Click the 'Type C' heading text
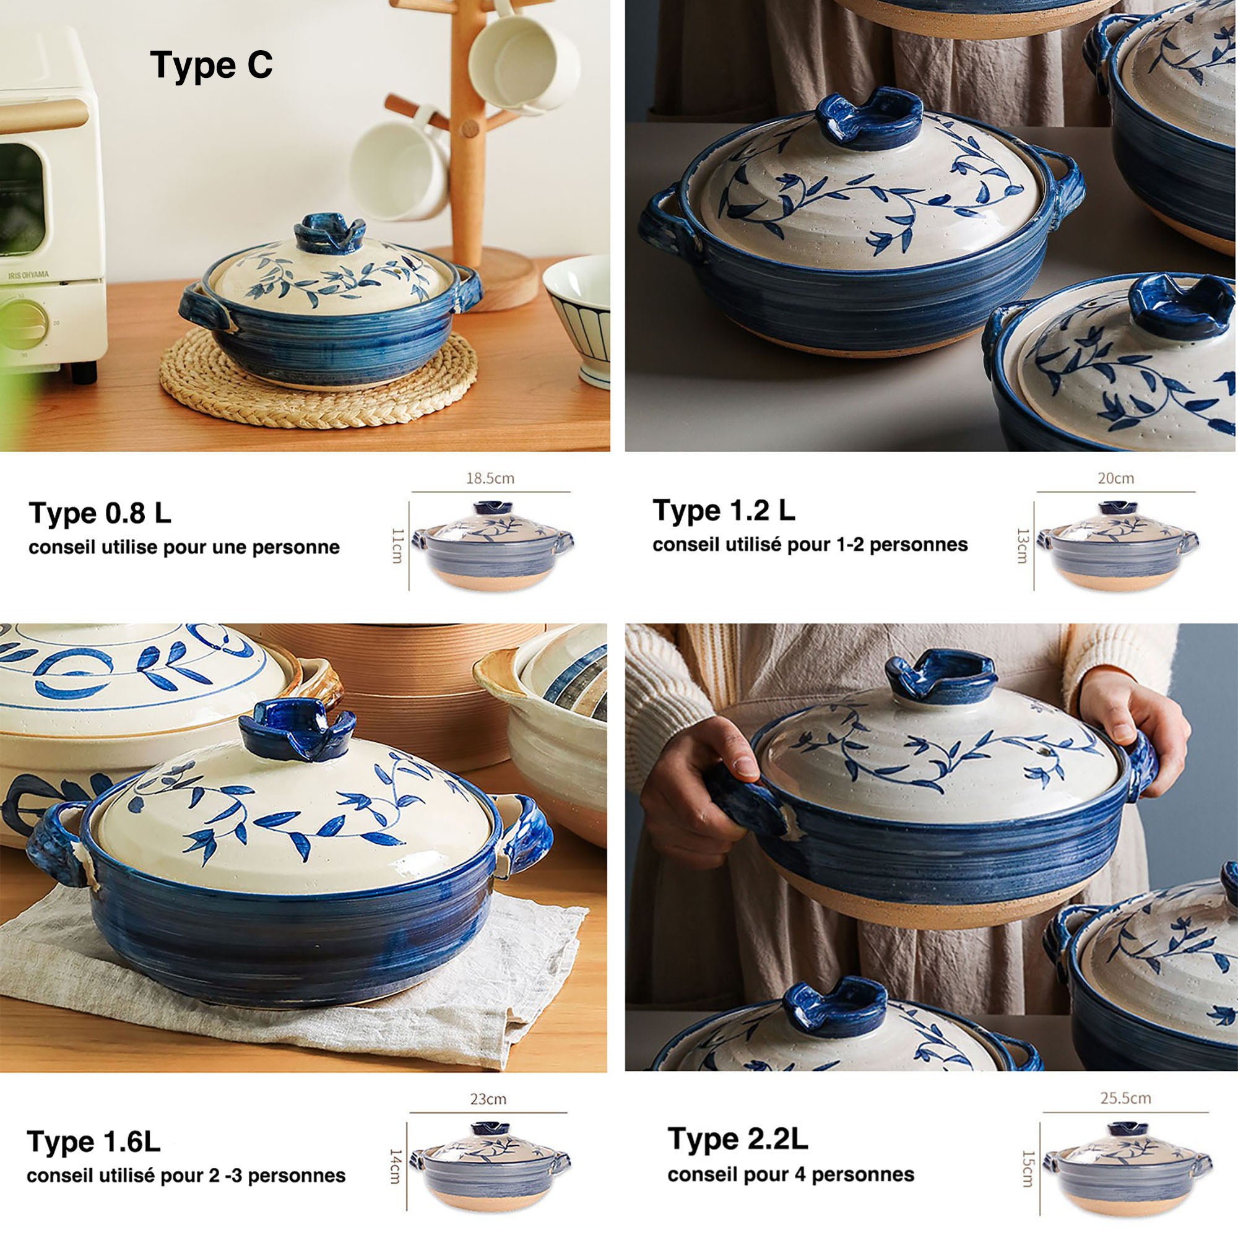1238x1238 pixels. click(212, 65)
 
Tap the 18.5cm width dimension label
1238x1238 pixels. click(490, 478)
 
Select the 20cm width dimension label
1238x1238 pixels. click(1115, 478)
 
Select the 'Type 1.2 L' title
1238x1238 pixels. click(724, 510)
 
